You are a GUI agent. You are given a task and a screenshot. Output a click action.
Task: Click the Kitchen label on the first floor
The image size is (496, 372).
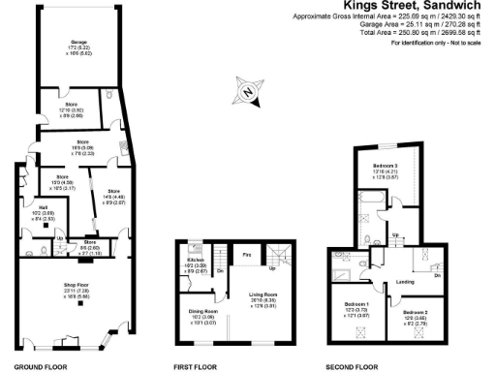[x=195, y=260]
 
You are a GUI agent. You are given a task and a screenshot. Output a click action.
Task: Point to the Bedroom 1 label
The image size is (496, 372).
[x=356, y=304]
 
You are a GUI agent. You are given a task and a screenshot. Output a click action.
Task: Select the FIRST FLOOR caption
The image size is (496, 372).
[x=193, y=366]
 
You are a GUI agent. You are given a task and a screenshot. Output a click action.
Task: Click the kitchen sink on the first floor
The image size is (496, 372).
[x=194, y=249]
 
